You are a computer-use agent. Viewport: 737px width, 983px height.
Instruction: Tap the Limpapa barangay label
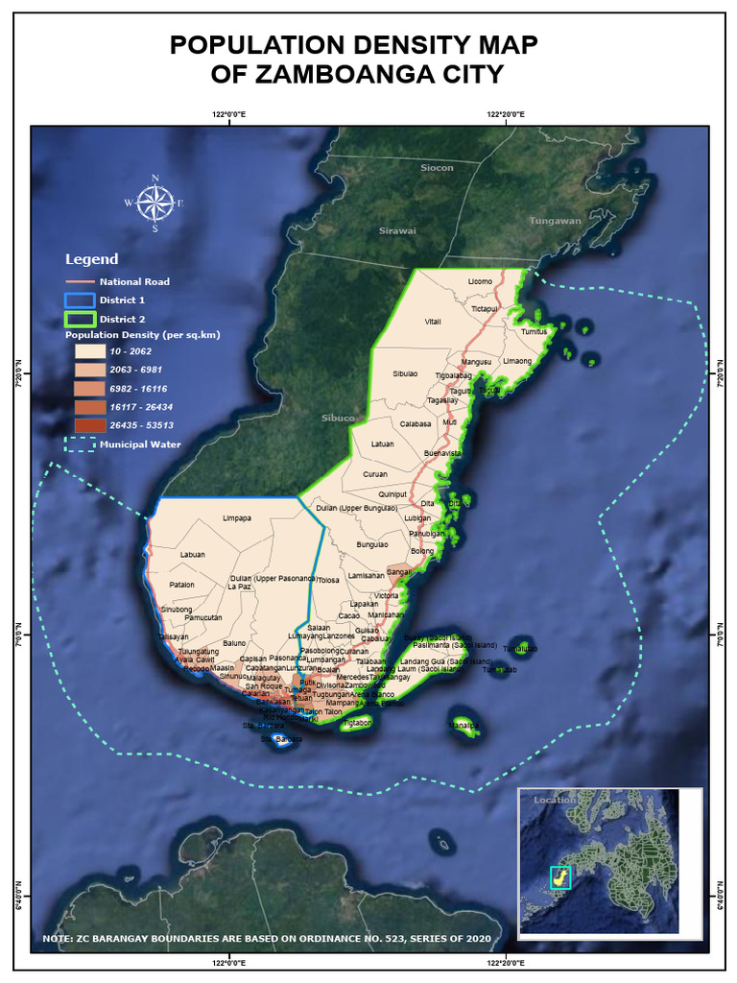point(237,518)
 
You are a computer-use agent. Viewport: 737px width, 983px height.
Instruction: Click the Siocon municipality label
point(437,168)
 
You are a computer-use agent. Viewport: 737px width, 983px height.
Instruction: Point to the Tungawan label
point(556,221)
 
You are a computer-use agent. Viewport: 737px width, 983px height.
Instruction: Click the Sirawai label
point(397,230)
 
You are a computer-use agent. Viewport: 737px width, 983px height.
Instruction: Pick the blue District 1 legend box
point(80,300)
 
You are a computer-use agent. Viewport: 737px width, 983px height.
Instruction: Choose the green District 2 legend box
point(80,319)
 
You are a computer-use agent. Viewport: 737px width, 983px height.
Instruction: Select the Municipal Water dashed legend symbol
point(80,444)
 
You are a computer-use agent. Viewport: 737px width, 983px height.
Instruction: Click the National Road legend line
point(80,281)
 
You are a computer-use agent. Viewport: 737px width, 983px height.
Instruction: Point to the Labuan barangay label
point(193,555)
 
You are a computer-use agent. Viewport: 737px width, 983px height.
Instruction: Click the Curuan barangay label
point(375,474)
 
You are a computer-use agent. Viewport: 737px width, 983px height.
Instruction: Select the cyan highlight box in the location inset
point(559,876)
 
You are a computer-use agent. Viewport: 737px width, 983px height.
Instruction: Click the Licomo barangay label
point(480,281)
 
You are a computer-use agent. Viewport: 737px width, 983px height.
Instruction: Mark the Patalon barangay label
point(181,585)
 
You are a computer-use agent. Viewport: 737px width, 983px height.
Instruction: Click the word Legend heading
point(91,259)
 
